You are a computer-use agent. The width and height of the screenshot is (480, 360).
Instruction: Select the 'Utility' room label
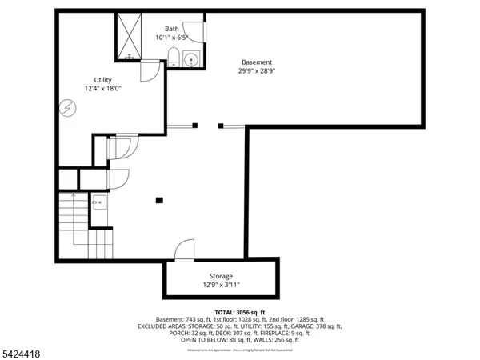tap(102, 80)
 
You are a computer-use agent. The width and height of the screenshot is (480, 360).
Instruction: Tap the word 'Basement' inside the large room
tap(258, 62)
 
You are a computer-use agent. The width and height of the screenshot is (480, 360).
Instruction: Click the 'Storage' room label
tap(221, 276)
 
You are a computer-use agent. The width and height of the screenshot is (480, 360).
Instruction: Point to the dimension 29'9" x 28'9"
tap(258, 70)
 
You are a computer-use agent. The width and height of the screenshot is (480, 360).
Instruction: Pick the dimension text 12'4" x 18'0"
tap(102, 89)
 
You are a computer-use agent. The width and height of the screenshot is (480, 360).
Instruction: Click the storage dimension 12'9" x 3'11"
tap(221, 285)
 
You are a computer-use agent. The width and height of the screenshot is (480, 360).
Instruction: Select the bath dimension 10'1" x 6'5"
tap(172, 35)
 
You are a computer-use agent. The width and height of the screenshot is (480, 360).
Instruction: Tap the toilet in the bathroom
tap(173, 55)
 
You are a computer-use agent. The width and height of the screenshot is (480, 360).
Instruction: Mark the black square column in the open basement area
tap(159, 200)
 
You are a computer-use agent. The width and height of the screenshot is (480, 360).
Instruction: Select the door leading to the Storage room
tap(184, 250)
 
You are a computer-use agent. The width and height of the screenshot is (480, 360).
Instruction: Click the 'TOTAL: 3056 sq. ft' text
tap(239, 312)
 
